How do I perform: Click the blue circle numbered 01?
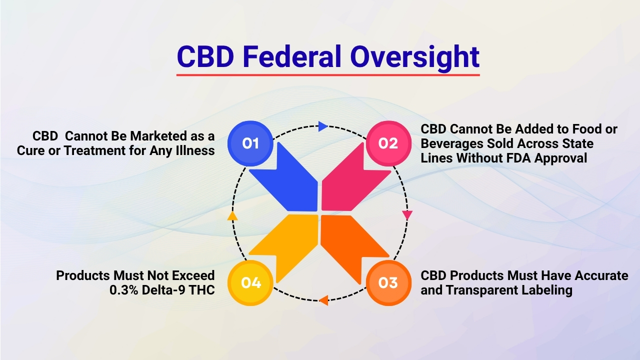(x=250, y=143)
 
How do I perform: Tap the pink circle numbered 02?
(x=388, y=143)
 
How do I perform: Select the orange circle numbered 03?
(x=388, y=283)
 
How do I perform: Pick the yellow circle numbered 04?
(x=250, y=283)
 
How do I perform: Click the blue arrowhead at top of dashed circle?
(x=323, y=126)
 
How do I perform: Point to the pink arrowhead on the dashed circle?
(x=407, y=215)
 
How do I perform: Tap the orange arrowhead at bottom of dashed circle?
(x=323, y=300)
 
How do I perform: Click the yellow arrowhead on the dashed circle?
(x=232, y=216)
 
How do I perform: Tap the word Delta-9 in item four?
(x=162, y=289)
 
